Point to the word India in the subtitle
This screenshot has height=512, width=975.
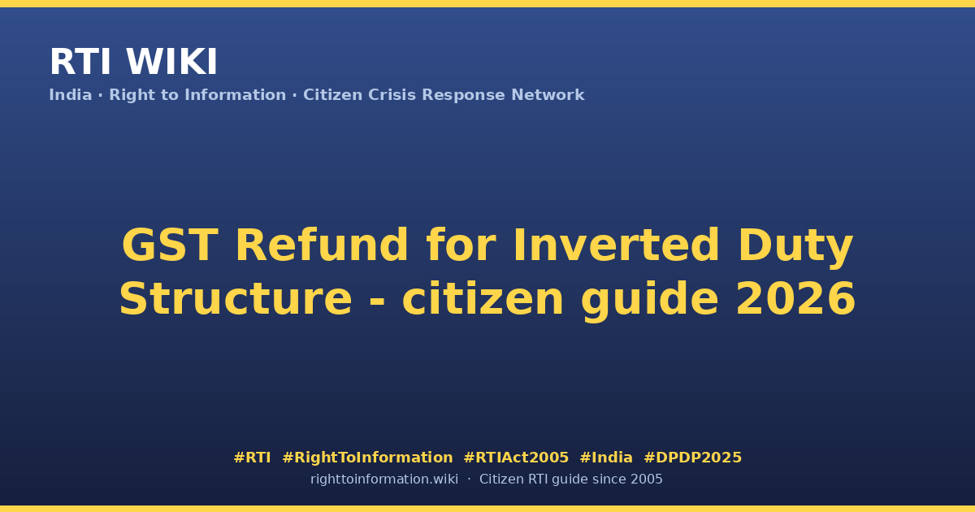point(71,95)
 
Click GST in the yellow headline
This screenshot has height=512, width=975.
point(170,245)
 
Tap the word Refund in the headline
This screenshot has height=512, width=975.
point(322,245)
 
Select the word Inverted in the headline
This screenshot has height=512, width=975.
point(616,245)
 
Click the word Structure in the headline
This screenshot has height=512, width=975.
point(236,299)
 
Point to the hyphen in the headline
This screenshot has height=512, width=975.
point(377,302)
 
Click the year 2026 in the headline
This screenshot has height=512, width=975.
point(796,299)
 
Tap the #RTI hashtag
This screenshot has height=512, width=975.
point(252,458)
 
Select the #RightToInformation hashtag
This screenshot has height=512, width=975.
point(367,458)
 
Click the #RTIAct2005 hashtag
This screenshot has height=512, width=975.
point(516,458)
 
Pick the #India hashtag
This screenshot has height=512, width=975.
point(606,458)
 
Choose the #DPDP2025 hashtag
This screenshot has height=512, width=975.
point(692,458)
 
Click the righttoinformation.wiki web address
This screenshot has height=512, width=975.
point(384,479)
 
